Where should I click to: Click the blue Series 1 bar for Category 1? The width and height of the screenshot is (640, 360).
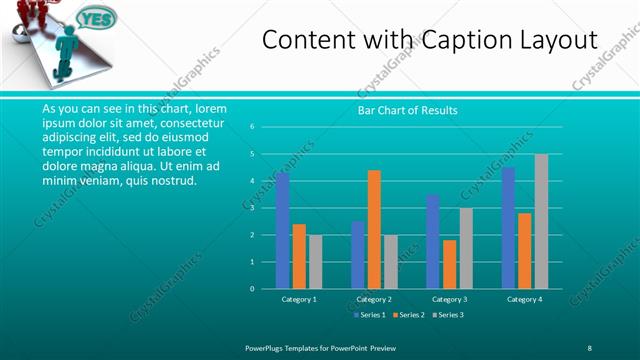coord(283,231)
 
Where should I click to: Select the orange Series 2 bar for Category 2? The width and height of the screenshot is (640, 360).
coord(374,230)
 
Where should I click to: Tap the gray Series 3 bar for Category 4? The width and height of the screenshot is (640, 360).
coord(541,222)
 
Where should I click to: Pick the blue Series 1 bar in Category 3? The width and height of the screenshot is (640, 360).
coord(432,242)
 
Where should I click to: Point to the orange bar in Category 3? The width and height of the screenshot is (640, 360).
coord(449,264)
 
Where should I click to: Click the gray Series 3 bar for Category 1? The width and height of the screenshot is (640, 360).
coord(316,262)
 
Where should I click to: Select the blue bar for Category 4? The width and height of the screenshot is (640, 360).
coord(508,228)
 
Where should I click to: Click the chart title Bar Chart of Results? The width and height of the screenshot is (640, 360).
coord(407,110)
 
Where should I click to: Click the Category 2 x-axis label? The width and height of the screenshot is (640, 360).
coord(374,299)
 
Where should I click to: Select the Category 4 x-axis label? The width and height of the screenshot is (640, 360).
coord(524,299)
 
